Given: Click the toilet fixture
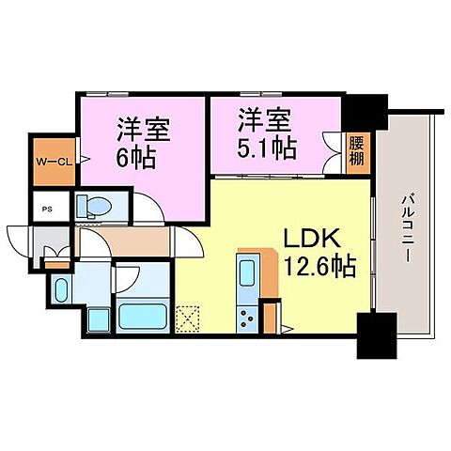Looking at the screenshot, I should [x=93, y=206].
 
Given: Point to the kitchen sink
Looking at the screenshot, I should [x=248, y=276].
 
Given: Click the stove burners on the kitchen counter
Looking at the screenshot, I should [x=249, y=318].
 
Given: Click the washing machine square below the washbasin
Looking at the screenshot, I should [x=96, y=319].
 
